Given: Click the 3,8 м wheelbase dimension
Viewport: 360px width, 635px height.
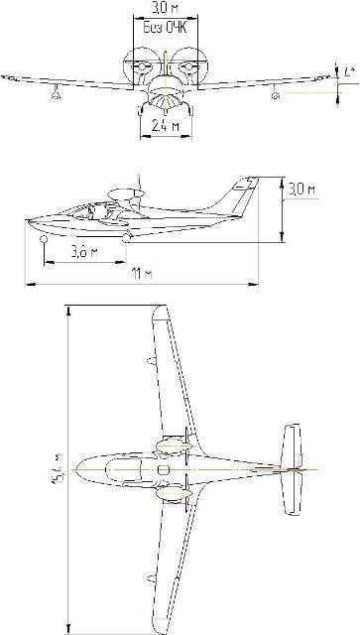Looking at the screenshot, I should [85, 251].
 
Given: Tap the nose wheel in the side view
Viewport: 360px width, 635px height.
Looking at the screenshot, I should [45, 239].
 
